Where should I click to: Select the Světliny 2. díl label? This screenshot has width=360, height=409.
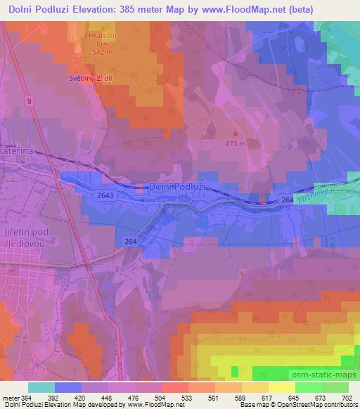tap(96, 78)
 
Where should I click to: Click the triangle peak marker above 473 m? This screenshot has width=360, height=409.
tap(235, 133)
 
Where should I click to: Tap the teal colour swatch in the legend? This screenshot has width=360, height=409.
tap(41, 387)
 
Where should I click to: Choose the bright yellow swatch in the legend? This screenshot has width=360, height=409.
tap(281, 387)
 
